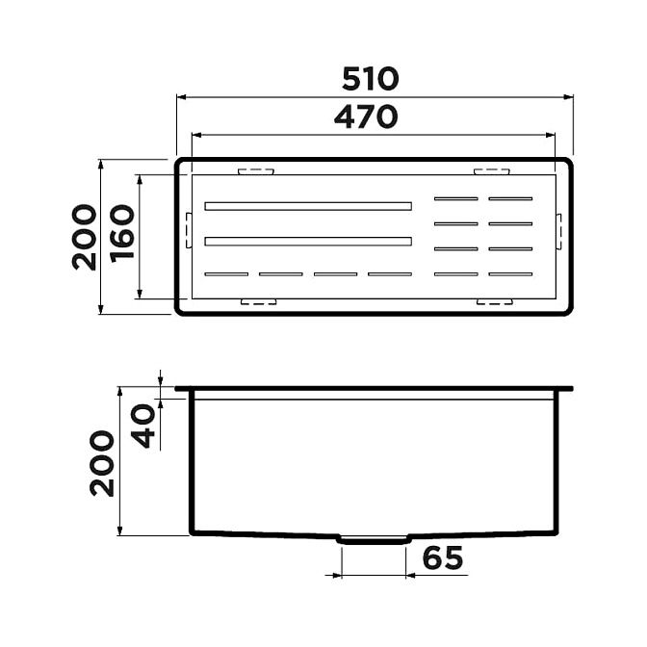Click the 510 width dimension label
point(371,79)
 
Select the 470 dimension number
point(366,116)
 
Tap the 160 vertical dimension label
point(122,234)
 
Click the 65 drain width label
point(443,557)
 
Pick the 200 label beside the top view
point(84,237)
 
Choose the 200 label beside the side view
point(102,463)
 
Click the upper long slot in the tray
point(308,206)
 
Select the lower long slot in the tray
point(308,242)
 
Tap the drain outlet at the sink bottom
point(374,540)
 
